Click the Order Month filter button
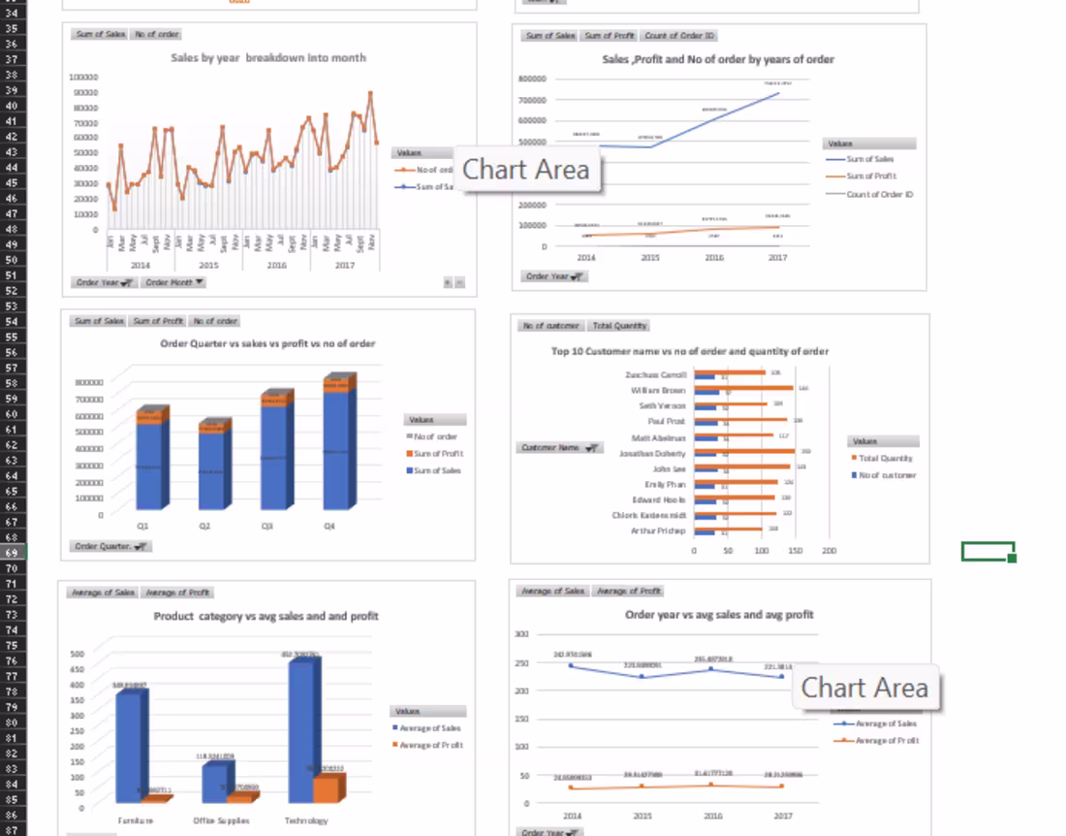click(x=174, y=282)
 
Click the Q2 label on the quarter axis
click(x=204, y=526)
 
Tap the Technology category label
click(x=305, y=820)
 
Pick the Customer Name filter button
click(x=560, y=448)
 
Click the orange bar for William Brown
click(x=756, y=388)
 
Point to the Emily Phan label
click(x=665, y=484)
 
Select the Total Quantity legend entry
click(x=884, y=458)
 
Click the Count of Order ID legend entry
click(x=879, y=194)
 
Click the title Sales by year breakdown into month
click(x=268, y=58)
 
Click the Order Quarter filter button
click(x=111, y=546)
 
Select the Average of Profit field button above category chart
click(x=175, y=592)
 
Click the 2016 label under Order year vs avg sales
click(x=712, y=817)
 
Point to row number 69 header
click(x=13, y=552)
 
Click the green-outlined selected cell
click(x=988, y=551)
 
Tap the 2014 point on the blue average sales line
click(x=571, y=665)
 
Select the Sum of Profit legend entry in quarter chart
click(x=438, y=454)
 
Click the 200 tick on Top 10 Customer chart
click(x=829, y=551)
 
